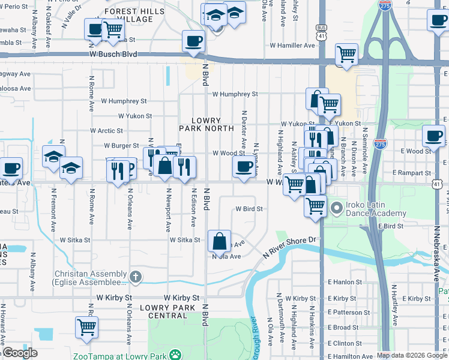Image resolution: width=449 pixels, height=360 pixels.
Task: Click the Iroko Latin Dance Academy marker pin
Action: click(x=336, y=209)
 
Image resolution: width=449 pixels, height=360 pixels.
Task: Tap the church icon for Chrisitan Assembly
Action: click(x=136, y=277)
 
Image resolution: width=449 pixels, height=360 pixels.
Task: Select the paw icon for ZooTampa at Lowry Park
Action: click(x=175, y=355)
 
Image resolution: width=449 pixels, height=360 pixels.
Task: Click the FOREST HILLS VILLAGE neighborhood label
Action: click(x=137, y=15)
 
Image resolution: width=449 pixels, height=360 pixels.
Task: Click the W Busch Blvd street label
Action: click(x=113, y=54)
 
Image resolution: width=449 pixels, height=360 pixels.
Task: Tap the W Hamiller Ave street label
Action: click(x=292, y=45)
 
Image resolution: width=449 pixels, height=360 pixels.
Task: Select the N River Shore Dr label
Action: click(x=289, y=248)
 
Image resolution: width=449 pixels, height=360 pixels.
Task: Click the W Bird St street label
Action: click(x=250, y=209)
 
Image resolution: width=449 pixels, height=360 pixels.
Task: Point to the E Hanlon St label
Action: click(x=345, y=281)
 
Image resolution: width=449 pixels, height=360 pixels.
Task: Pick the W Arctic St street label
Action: click(x=106, y=130)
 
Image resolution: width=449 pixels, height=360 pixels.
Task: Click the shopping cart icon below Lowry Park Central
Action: click(x=86, y=327)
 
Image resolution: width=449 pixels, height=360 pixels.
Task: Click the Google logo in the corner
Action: click(x=19, y=353)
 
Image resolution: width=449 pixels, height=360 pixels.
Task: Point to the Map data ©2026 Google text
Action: click(x=412, y=355)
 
